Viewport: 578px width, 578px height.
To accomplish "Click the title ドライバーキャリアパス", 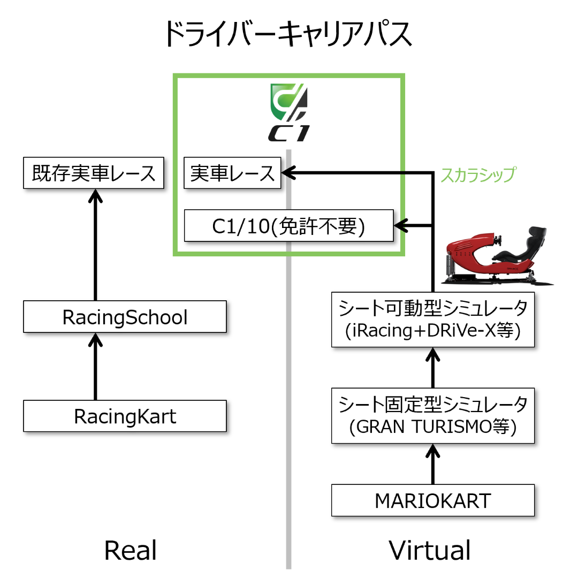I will pyautogui.click(x=288, y=35).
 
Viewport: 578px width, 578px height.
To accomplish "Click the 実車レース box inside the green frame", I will pyautogui.click(x=232, y=173).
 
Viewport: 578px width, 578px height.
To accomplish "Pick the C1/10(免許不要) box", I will pyautogui.click(x=288, y=226).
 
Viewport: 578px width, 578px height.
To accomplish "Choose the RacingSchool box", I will pyautogui.click(x=125, y=317).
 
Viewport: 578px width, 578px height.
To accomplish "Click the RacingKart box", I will pyautogui.click(x=125, y=416).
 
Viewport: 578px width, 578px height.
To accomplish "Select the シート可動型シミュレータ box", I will pyautogui.click(x=433, y=319).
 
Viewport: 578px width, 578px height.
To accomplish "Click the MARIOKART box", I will pyautogui.click(x=433, y=501).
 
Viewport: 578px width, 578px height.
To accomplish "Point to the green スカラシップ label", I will pyautogui.click(x=478, y=174).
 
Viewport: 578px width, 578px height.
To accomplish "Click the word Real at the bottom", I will pyautogui.click(x=130, y=550).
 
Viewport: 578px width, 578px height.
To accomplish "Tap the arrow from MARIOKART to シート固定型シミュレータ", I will pyautogui.click(x=433, y=465).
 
